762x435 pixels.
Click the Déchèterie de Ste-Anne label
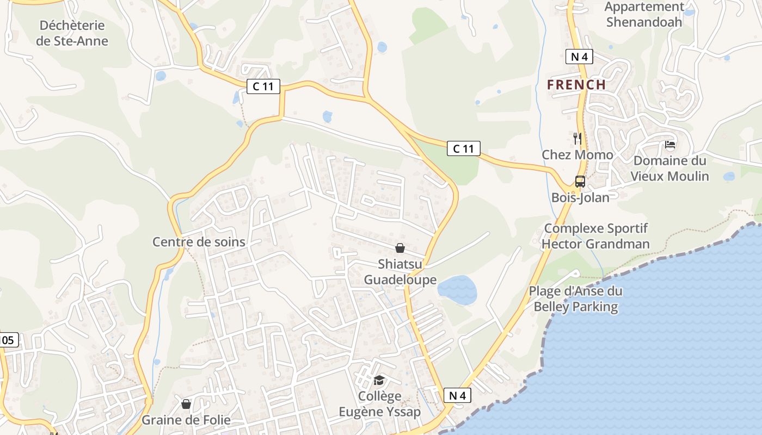coord(72,33)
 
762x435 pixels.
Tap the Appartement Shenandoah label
coord(644,15)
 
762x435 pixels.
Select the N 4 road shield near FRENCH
coord(579,57)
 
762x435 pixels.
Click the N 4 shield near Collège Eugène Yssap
coord(457,395)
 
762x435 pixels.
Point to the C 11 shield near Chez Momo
coord(464,148)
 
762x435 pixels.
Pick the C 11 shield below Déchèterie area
coord(263,86)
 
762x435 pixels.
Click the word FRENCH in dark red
coord(576,84)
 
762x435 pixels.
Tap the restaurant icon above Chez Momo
coord(577,139)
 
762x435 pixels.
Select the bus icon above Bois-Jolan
coord(580,182)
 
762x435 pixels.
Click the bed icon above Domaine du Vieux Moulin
coord(670,145)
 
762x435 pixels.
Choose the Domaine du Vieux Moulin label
coord(669,169)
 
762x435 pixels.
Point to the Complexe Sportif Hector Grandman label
coord(595,236)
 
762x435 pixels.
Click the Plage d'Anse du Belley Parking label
coord(576,299)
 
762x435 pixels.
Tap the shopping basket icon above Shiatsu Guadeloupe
coord(400,248)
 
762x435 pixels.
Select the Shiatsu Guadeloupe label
coord(400,272)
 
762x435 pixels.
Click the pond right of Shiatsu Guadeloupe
coord(457,289)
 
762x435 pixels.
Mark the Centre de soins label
coord(199,242)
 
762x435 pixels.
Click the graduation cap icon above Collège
coord(379,380)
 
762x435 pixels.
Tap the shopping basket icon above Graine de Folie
coord(186,404)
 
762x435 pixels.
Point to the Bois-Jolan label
coord(580,197)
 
